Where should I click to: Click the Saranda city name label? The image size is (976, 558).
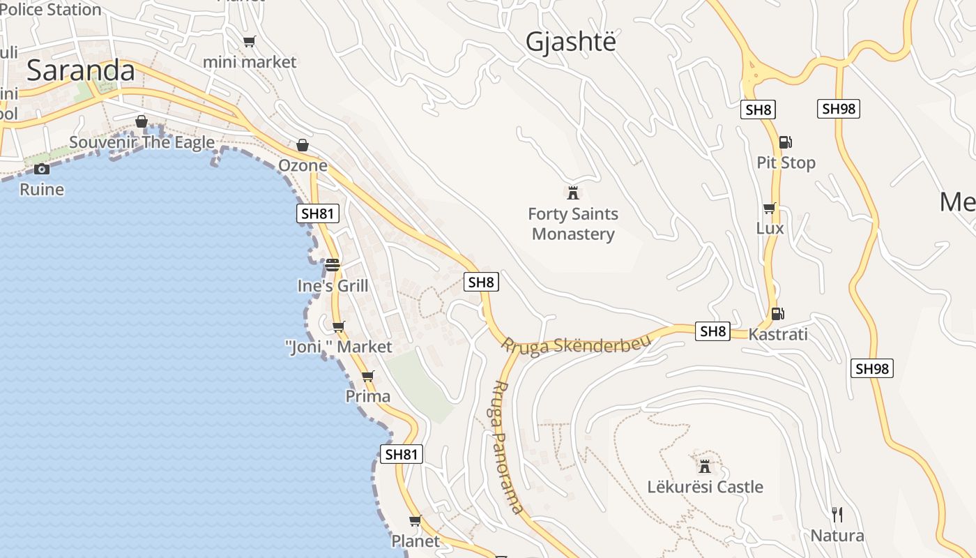pos(80,71)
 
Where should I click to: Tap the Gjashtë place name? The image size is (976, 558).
pos(571,42)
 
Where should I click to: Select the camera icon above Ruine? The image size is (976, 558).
pos(42,169)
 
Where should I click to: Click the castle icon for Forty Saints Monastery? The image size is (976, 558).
pos(573,193)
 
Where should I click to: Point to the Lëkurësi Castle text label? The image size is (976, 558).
pos(705,487)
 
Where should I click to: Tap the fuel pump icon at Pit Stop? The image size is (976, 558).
pos(785,142)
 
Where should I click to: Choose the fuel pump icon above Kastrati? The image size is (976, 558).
pos(777,314)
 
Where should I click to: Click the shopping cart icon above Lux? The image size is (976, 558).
pos(769,208)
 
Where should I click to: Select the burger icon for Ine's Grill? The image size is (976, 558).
pos(333,265)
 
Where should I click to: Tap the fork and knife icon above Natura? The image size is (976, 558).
pos(837,515)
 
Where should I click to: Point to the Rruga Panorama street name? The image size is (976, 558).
pos(507,446)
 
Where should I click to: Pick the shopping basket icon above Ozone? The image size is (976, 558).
pos(303,145)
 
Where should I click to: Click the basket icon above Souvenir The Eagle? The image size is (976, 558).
pos(142,122)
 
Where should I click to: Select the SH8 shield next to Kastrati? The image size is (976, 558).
pos(713,331)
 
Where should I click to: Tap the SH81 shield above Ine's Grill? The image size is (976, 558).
pos(318,213)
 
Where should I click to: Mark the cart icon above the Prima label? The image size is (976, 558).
pos(368,377)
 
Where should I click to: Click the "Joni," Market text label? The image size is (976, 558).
pos(339,347)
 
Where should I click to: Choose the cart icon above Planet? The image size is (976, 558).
pos(415,520)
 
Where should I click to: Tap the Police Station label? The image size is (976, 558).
pos(50,9)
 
